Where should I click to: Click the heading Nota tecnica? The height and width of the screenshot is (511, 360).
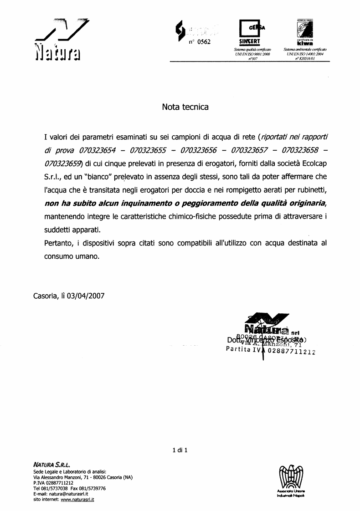tap(185, 107)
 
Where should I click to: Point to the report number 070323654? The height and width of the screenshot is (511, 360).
tap(97, 150)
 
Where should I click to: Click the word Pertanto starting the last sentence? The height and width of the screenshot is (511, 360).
tap(59, 243)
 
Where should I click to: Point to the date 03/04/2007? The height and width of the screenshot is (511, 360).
tap(86, 296)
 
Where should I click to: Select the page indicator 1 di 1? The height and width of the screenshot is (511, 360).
tap(180, 450)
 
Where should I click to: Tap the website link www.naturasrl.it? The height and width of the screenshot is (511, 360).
tap(77, 500)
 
